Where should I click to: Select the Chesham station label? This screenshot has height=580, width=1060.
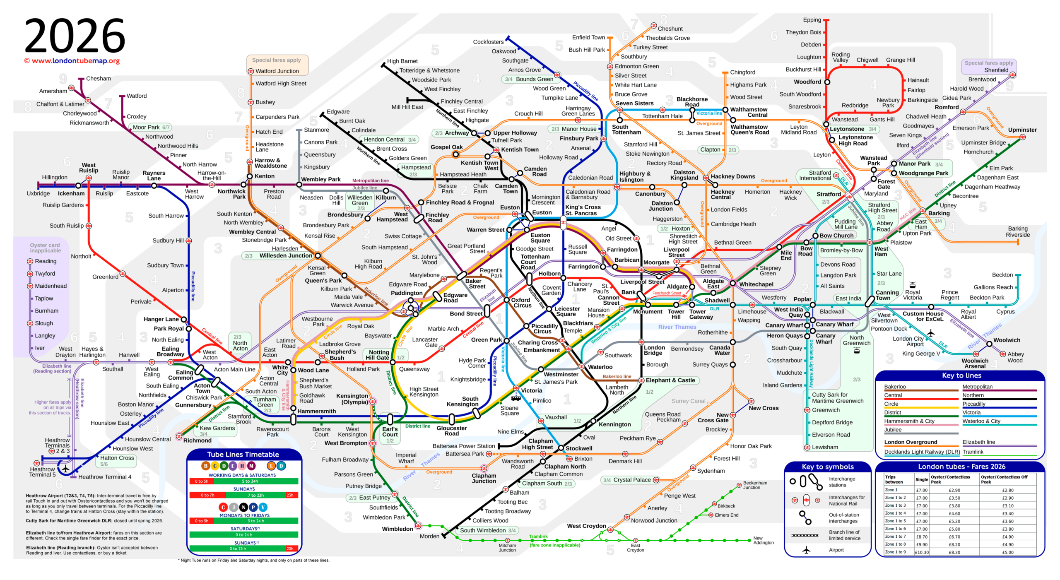(x=99, y=79)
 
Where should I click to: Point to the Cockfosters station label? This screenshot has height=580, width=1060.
(x=488, y=42)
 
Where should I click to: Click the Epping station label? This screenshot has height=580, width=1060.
(x=812, y=20)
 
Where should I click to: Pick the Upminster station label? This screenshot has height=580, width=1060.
(x=1022, y=130)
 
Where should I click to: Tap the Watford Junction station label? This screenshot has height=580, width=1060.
(x=277, y=71)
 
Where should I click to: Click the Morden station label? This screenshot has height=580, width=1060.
(x=429, y=536)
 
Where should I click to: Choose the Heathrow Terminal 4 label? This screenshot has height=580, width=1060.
(x=105, y=477)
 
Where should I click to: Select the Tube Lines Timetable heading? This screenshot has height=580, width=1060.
(x=243, y=455)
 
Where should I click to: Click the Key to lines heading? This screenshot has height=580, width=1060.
(x=961, y=375)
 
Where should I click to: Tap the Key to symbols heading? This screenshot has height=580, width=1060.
(x=828, y=467)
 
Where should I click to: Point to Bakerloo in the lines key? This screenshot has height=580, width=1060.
(x=895, y=387)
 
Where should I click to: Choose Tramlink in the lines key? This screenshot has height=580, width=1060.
(x=973, y=452)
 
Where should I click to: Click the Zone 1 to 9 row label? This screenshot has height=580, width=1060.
(x=895, y=552)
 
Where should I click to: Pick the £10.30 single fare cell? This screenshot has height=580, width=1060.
(x=922, y=552)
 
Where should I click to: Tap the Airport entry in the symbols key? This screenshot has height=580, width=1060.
(x=836, y=550)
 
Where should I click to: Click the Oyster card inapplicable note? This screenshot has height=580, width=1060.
(x=45, y=248)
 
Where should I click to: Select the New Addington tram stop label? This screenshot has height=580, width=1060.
(x=763, y=540)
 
